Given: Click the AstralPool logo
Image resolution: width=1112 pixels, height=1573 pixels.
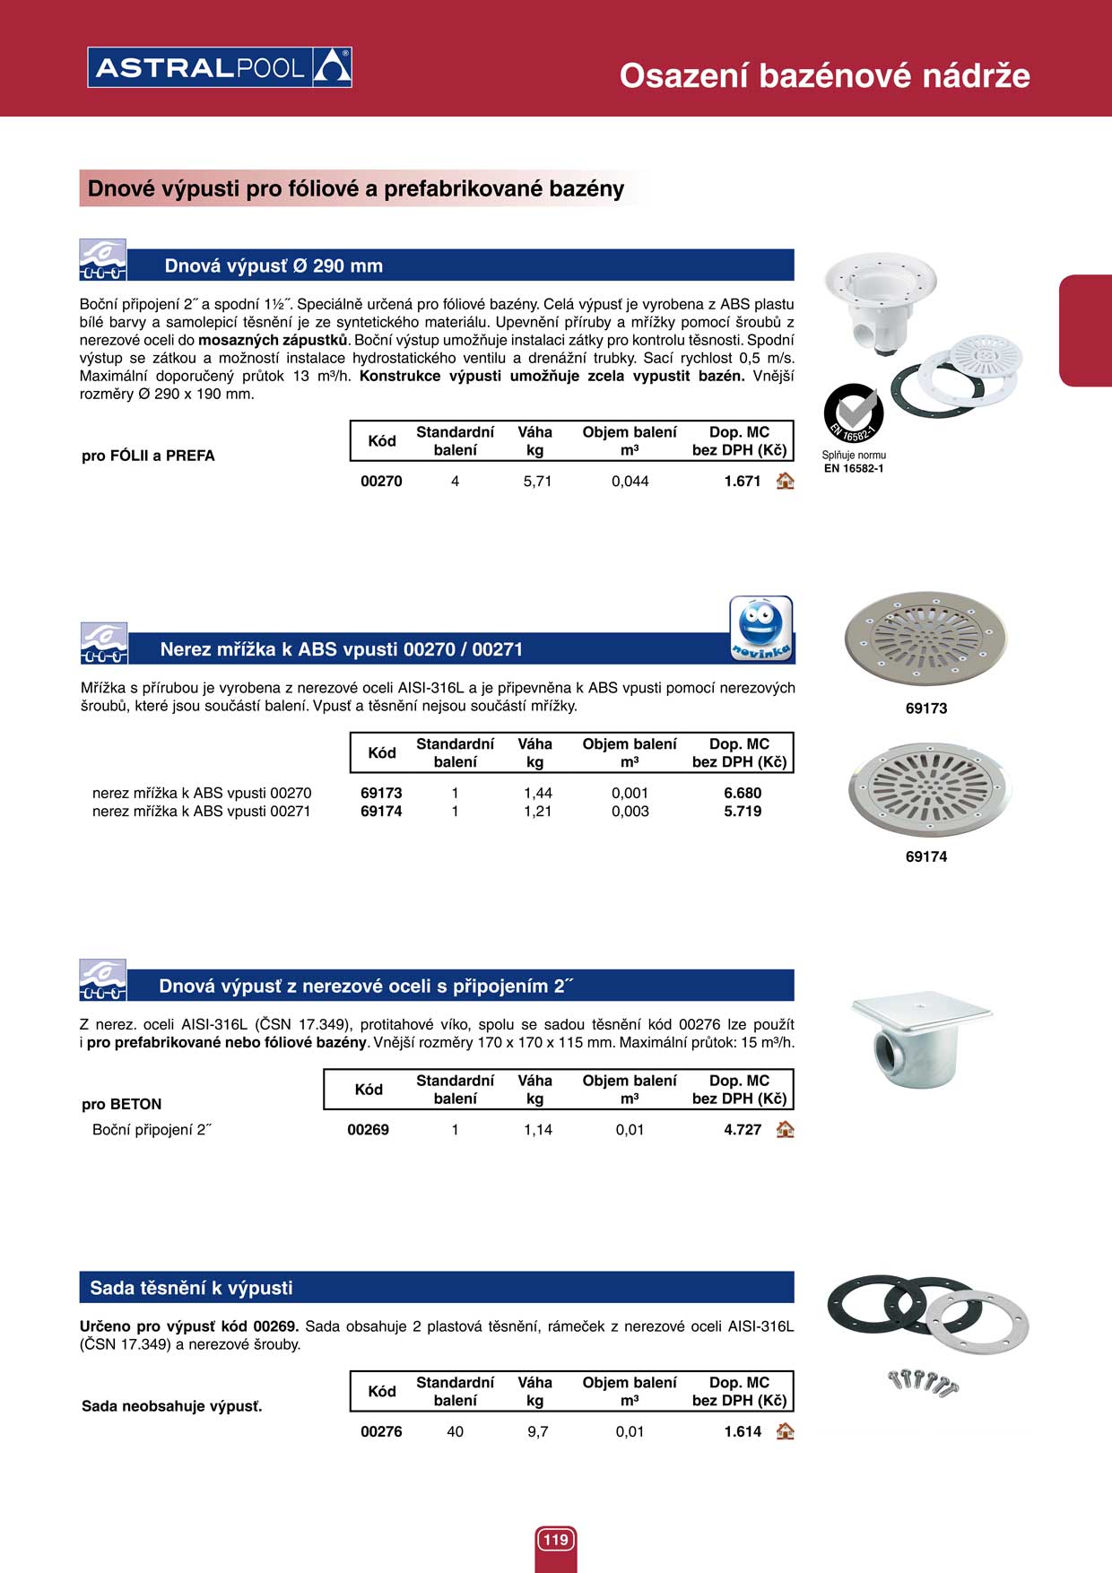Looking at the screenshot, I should (x=220, y=67).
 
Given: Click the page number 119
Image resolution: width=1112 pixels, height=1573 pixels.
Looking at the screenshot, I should (x=556, y=1540).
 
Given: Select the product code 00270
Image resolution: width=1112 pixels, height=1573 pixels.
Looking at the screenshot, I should (x=381, y=482).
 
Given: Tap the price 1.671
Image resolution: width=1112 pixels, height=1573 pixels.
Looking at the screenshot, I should (x=743, y=482).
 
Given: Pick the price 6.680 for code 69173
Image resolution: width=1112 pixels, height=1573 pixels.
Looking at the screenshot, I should (x=743, y=794).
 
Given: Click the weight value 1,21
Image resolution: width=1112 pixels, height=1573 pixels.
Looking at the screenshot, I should (x=538, y=812).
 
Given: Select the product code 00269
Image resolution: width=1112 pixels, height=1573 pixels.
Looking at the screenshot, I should (x=368, y=1130).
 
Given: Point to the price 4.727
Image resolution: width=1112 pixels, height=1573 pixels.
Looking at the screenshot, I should (x=743, y=1130).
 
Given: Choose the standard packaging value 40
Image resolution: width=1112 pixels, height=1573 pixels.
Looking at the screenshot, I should (x=456, y=1432).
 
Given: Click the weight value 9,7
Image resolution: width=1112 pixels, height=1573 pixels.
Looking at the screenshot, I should (x=538, y=1432).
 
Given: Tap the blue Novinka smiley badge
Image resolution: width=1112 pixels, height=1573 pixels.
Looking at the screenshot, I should (x=761, y=628).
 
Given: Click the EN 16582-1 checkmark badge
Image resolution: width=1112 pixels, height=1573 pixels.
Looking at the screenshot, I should (x=854, y=413).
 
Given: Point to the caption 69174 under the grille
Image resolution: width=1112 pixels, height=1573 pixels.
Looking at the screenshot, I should (x=926, y=856).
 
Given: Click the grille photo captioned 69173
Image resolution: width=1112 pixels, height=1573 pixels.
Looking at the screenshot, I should (x=925, y=637).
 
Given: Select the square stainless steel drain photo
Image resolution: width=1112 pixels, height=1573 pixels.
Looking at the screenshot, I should (x=919, y=1040).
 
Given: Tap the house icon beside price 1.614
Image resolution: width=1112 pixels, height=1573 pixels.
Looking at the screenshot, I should (x=786, y=1431).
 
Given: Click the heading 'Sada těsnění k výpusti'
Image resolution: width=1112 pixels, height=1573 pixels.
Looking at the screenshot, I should (x=191, y=1288).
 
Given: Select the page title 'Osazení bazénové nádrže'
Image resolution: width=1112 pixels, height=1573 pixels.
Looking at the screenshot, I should (x=824, y=76).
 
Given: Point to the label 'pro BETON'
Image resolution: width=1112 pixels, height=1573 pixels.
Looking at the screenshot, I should (x=122, y=1104).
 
